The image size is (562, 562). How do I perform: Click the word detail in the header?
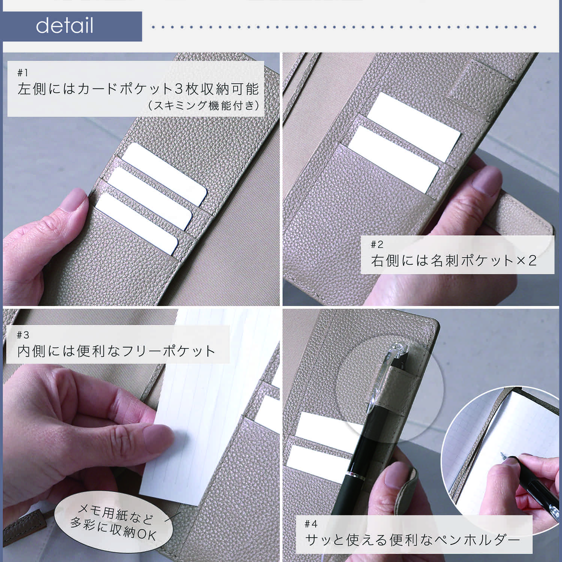(64, 26)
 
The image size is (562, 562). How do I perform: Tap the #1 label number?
(22, 72)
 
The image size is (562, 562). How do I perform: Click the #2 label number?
(377, 245)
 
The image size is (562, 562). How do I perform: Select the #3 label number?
(23, 335)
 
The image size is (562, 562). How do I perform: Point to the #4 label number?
(311, 523)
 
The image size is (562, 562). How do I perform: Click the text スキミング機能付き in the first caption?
(204, 106)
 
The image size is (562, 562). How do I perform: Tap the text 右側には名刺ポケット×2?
(454, 260)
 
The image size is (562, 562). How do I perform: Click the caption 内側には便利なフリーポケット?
(116, 351)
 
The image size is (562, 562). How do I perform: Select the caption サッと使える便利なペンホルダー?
(413, 540)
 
